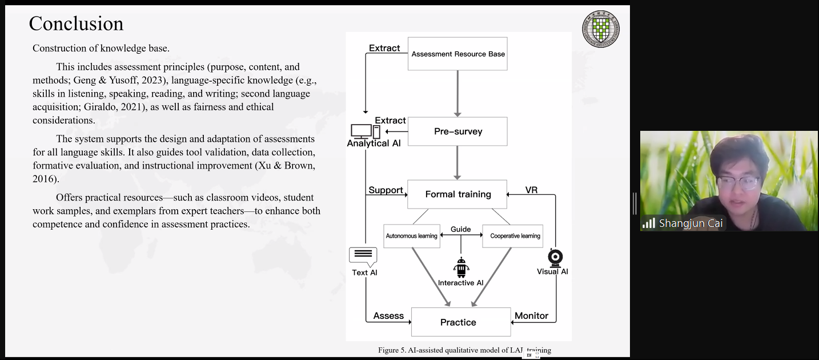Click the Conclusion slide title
[x=76, y=23]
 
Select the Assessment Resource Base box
[x=457, y=54]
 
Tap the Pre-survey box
[x=457, y=131]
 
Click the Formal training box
[x=457, y=194]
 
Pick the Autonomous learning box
[x=411, y=236]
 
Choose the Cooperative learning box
[x=515, y=236]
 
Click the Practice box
[x=460, y=322]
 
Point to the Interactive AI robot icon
[x=461, y=267]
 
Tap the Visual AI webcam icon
[x=555, y=257]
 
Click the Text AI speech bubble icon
[x=363, y=256]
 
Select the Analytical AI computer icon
[x=365, y=131]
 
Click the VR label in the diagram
[x=531, y=190]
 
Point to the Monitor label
[x=531, y=315]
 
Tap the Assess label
[x=388, y=315]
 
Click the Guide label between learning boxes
[x=460, y=229]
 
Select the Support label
[x=386, y=190]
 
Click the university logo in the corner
[x=601, y=29]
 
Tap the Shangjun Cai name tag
[x=690, y=223]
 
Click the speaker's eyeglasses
[x=738, y=182]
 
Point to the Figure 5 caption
[x=464, y=350]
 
